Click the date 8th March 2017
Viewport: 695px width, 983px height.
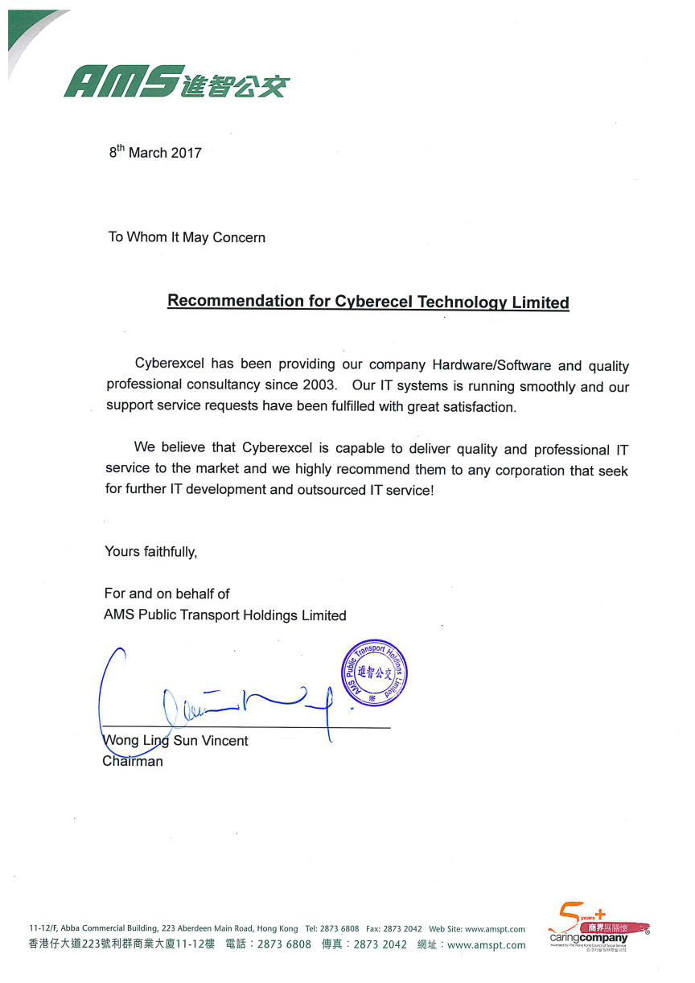tap(155, 152)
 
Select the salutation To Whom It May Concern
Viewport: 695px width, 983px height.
tap(187, 237)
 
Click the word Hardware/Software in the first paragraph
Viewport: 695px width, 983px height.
tap(480, 366)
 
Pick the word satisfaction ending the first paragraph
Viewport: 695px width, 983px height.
tap(476, 407)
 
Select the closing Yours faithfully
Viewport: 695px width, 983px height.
tap(150, 552)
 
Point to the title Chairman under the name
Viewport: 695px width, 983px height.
tap(133, 761)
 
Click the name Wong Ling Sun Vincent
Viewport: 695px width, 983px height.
tap(176, 741)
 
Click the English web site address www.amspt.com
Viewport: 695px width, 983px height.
tap(495, 929)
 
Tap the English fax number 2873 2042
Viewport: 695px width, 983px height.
tap(403, 929)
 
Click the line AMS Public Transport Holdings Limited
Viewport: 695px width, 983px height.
tap(225, 615)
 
